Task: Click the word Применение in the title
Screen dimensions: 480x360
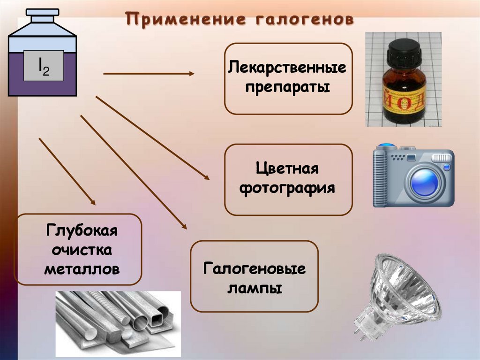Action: [186, 20]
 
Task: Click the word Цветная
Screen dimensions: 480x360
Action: [287, 169]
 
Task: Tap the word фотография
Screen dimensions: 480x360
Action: [287, 188]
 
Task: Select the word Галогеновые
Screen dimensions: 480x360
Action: [255, 269]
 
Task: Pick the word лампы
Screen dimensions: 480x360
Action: [255, 288]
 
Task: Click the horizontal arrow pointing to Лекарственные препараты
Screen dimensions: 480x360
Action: [148, 74]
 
